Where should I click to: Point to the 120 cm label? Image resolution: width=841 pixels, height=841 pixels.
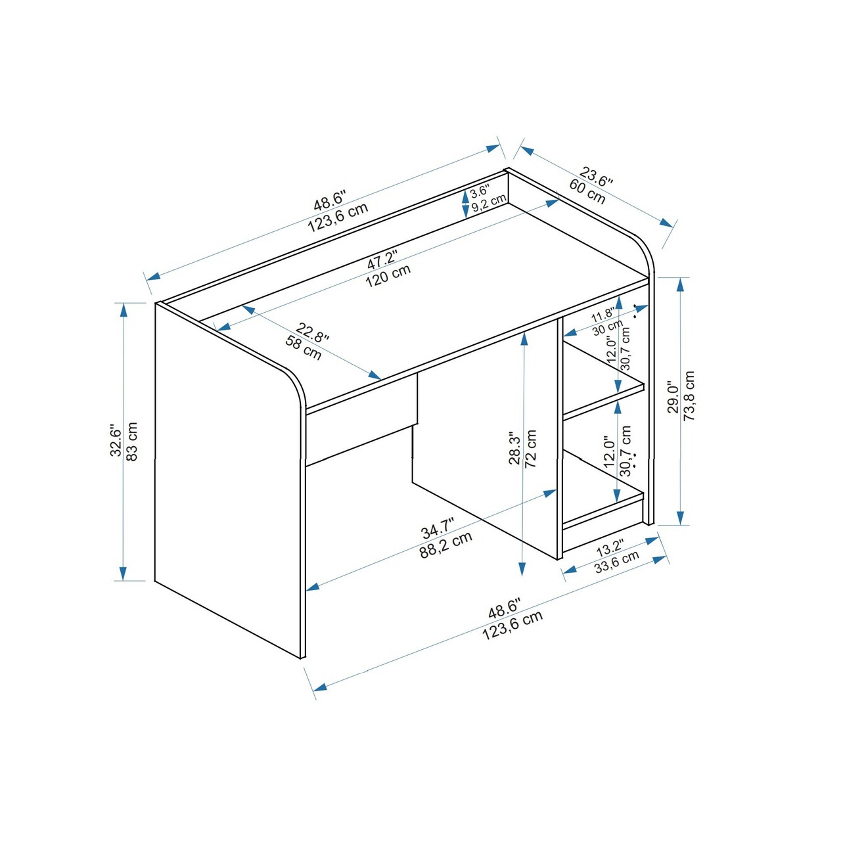[x=388, y=275]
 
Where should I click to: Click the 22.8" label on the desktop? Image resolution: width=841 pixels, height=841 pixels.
[x=312, y=332]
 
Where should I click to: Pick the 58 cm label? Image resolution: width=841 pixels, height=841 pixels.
[x=304, y=348]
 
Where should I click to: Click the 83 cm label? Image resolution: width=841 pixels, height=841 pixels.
[x=131, y=441]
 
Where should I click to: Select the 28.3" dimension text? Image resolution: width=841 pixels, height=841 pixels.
[x=515, y=449]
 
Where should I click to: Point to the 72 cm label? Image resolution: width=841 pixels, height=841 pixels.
[x=531, y=448]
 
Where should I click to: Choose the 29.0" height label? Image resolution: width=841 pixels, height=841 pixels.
[x=673, y=396]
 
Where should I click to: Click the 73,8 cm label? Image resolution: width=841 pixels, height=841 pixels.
[x=689, y=396]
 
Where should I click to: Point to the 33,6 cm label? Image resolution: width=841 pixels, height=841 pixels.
[x=617, y=562]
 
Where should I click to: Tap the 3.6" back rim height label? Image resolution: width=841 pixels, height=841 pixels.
[x=480, y=191]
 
